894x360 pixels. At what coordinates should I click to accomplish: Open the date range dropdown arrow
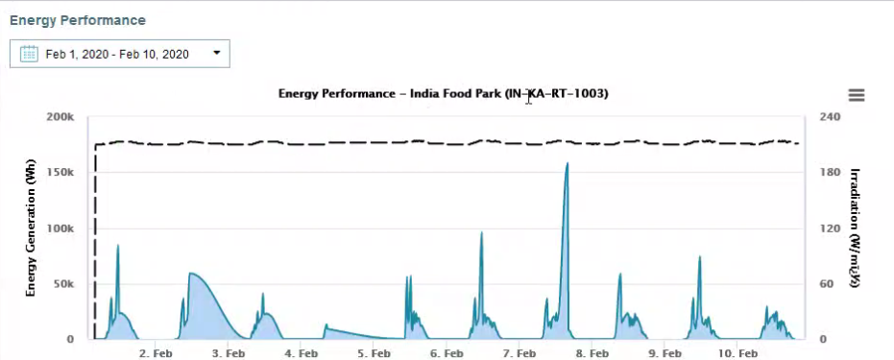pyautogui.click(x=216, y=54)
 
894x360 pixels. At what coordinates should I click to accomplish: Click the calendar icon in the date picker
pyautogui.click(x=29, y=55)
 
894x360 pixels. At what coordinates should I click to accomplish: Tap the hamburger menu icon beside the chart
pyautogui.click(x=857, y=95)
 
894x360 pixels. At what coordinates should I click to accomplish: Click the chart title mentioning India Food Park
pyautogui.click(x=443, y=94)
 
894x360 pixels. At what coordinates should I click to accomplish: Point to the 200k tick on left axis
pyautogui.click(x=60, y=117)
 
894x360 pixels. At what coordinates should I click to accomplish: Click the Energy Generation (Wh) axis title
pyautogui.click(x=31, y=228)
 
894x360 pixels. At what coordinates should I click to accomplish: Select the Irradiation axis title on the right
pyautogui.click(x=854, y=228)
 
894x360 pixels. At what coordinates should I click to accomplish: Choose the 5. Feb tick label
pyautogui.click(x=374, y=353)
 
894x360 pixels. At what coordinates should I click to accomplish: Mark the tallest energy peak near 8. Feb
pyautogui.click(x=568, y=163)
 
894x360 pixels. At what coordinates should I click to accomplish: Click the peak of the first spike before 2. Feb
pyautogui.click(x=118, y=246)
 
